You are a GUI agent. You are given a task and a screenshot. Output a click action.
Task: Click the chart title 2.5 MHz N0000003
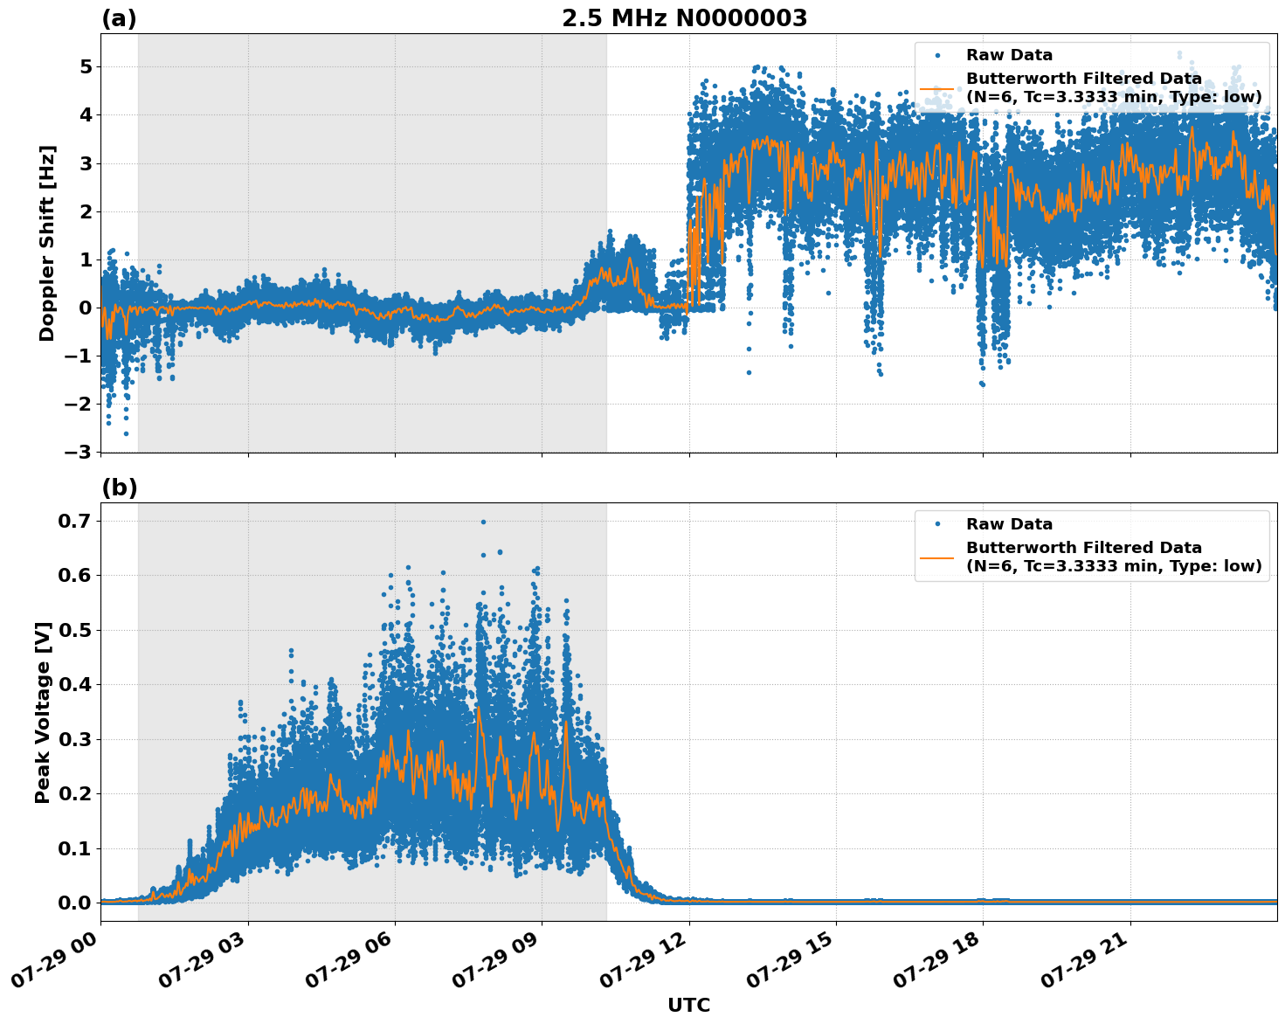684,18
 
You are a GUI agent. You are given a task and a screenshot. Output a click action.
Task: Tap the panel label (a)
119,18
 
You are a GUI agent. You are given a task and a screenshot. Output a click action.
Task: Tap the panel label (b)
119,488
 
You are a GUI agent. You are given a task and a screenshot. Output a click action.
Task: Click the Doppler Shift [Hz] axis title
47,243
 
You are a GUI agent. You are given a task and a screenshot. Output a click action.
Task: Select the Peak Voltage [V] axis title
43,712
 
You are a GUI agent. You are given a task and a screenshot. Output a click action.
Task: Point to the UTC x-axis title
688,1005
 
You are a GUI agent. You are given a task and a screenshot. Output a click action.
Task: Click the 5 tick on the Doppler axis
86,67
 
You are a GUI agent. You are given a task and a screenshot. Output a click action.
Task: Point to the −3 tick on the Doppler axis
79,452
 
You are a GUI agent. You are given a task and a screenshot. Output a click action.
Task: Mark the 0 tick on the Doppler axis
86,308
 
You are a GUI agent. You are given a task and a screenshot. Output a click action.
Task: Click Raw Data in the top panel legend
1009,55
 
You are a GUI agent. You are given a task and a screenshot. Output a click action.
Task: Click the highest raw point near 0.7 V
483,522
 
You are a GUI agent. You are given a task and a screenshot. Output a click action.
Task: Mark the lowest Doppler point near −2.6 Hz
126,433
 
